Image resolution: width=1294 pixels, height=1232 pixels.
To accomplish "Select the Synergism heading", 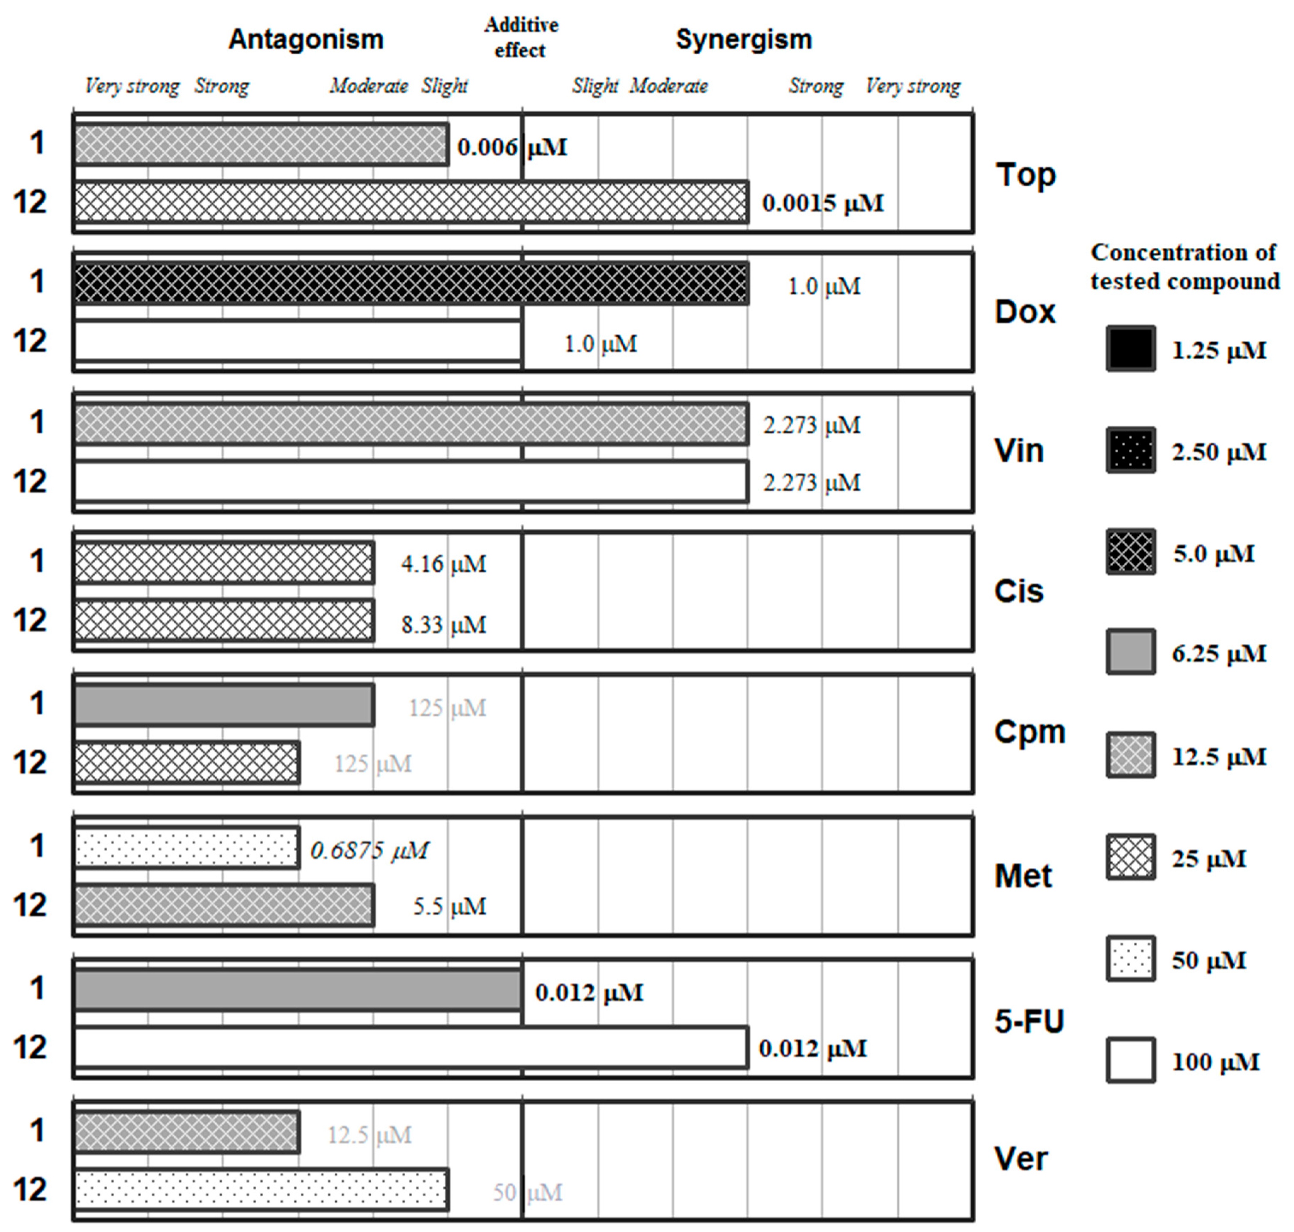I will (x=744, y=40).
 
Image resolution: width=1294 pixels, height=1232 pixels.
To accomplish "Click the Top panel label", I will (x=1025, y=175).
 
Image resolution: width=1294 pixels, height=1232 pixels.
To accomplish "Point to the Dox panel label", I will (x=1025, y=312).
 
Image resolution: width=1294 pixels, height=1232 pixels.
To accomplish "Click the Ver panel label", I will (x=1022, y=1159).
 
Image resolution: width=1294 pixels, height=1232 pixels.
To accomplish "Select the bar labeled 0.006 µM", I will (x=262, y=144).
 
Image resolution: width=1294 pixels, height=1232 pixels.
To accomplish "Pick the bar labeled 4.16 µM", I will (x=224, y=563).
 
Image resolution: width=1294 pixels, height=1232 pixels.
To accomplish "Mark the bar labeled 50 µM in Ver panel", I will (x=262, y=1189).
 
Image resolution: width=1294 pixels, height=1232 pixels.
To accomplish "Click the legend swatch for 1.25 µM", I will (x=1131, y=349).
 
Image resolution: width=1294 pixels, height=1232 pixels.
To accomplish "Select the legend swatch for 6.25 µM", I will (x=1131, y=652).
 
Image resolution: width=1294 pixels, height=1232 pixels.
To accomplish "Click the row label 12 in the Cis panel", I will (x=30, y=621).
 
